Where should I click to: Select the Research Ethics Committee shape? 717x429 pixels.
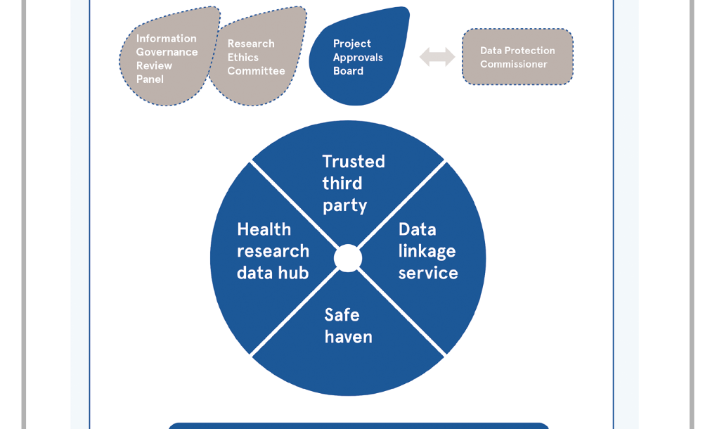256,59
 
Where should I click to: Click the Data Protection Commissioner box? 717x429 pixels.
517,57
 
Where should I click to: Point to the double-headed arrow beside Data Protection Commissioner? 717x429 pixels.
437,57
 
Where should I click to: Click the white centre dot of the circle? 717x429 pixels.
348,258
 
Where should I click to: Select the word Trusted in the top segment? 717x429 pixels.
354,162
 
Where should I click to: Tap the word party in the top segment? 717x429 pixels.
344,205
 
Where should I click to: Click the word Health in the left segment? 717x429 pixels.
264,229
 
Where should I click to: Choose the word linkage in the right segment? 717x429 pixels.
427,251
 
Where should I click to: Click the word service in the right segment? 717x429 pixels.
428,273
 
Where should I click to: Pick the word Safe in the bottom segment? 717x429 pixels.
342,314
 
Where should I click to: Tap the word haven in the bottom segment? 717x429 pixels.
348,337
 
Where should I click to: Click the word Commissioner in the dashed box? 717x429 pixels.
513,65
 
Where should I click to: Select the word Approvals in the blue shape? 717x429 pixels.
358,58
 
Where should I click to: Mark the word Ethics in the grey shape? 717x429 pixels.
243,58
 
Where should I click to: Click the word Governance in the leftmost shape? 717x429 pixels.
167,52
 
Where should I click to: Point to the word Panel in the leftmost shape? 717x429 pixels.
150,79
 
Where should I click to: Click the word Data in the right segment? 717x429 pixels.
417,229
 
